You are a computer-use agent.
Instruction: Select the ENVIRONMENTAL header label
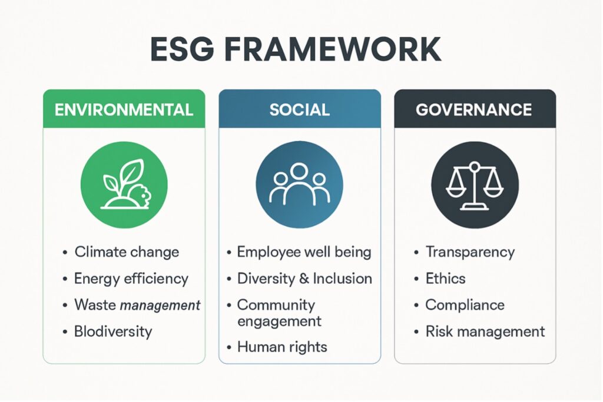pos(124,110)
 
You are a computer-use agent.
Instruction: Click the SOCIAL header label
pos(300,110)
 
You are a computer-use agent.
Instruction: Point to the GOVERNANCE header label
pos(474,110)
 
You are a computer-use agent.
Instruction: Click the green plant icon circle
pos(124,185)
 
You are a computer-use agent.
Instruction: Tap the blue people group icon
pos(299,185)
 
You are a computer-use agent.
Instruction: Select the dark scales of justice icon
pos(475,185)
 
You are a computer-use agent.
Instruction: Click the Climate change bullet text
pos(127,252)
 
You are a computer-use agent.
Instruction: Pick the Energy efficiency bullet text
pos(131,279)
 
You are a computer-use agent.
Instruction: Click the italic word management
pos(160,306)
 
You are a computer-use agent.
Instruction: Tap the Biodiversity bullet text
pos(113,331)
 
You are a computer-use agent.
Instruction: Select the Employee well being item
pos(304,252)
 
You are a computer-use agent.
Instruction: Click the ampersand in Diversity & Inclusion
pos(304,279)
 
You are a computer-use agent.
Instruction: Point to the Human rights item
pos(282,347)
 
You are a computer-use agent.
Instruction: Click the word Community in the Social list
pos(276,305)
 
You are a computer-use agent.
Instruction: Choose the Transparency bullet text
pos(470,253)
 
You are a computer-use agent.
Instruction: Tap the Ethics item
pos(445,279)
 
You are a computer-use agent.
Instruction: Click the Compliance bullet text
pos(465,305)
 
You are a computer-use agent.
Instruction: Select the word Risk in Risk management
pos(439,331)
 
